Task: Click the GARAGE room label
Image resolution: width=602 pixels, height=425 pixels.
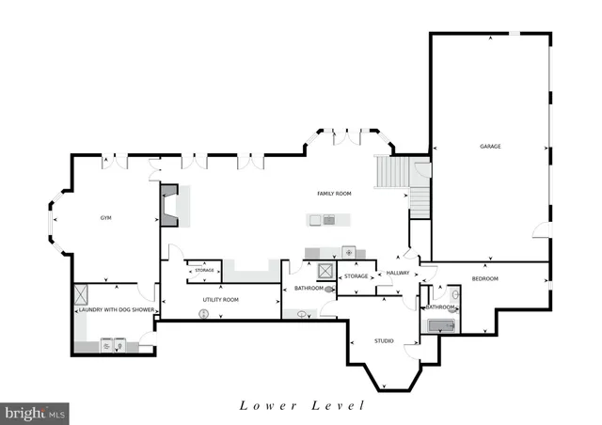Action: click(489, 147)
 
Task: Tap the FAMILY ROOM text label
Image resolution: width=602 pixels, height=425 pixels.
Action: click(333, 193)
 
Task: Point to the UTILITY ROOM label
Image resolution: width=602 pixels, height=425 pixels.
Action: click(221, 299)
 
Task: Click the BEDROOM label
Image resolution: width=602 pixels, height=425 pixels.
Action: click(484, 278)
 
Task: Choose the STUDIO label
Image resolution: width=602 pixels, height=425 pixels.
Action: click(384, 340)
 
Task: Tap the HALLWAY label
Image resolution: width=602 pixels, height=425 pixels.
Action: click(397, 274)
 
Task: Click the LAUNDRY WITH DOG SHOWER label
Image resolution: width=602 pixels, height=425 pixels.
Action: click(116, 309)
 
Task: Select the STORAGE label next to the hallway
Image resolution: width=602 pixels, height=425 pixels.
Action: click(356, 276)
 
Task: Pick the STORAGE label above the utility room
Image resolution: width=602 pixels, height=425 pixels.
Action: click(204, 271)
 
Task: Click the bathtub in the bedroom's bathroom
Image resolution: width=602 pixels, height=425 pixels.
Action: click(440, 326)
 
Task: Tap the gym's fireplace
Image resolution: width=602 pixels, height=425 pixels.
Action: click(169, 206)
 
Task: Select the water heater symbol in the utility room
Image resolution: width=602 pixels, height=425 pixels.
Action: click(202, 315)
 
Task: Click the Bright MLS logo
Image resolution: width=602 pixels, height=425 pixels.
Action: click(36, 412)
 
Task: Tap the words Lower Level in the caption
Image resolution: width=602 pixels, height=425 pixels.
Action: click(301, 406)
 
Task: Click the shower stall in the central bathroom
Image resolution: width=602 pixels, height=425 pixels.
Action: click(325, 271)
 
